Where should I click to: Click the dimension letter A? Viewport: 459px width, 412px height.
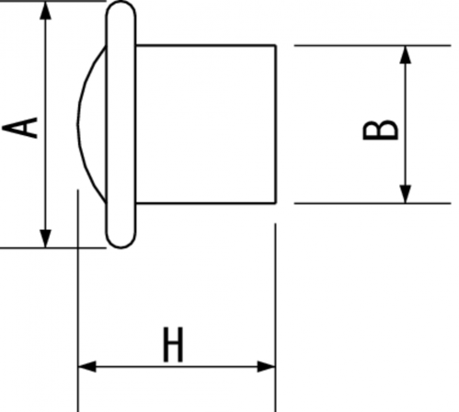tap(20, 128)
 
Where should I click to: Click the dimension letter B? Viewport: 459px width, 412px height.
tap(380, 131)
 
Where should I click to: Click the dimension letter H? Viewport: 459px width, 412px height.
tap(173, 344)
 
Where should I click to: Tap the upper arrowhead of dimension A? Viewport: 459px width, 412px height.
tap(46, 11)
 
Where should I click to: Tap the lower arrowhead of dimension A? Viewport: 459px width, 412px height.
tap(46, 238)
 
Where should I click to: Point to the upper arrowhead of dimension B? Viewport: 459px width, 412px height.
tap(406, 54)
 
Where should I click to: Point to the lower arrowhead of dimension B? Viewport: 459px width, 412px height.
tap(406, 194)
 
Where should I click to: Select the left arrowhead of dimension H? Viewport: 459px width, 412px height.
tap(87, 366)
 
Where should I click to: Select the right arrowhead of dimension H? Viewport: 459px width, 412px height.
tap(266, 366)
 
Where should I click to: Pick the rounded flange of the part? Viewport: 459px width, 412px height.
tap(120, 124)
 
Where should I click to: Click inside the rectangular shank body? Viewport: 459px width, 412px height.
tap(205, 124)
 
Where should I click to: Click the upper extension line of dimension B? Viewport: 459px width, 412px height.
tap(373, 45)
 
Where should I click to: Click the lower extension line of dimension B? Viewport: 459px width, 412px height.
tap(373, 203)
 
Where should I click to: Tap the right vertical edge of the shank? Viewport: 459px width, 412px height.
tap(276, 124)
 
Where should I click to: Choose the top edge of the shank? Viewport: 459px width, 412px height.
tap(205, 46)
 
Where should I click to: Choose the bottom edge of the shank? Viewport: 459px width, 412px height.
tap(205, 203)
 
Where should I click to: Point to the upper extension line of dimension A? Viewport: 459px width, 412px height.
tap(52, 1)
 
